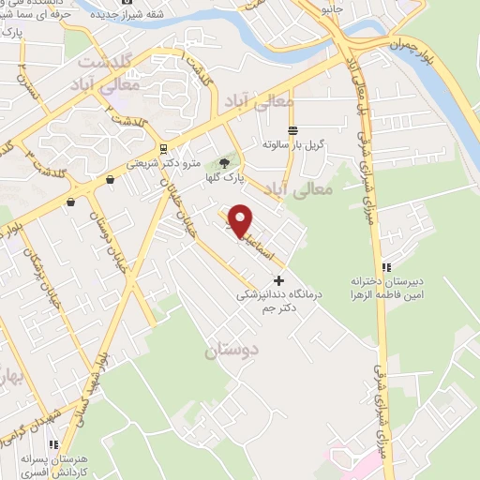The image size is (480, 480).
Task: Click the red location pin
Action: point(241,219)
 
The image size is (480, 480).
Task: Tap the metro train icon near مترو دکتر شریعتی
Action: point(164,148)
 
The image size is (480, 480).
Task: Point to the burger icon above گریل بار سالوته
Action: point(292,130)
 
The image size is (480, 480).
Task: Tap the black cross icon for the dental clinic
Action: point(278,279)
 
